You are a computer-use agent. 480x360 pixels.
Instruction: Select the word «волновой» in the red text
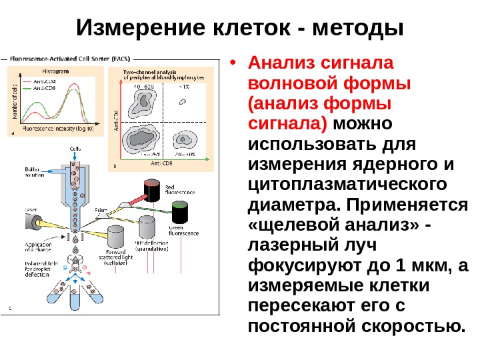(288, 85)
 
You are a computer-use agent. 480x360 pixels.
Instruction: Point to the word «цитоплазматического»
(347, 185)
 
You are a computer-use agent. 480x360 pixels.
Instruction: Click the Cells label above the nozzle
(77, 148)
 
